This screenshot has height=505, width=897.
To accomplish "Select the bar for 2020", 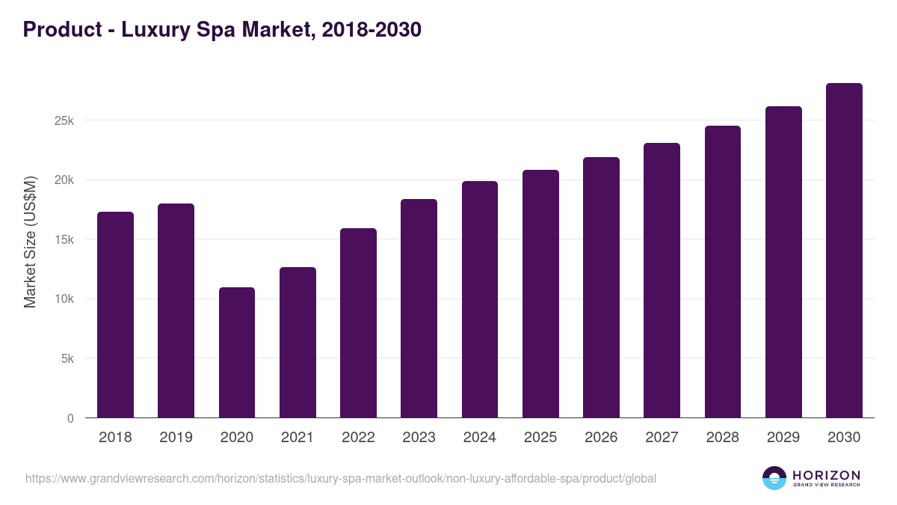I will click(x=237, y=352).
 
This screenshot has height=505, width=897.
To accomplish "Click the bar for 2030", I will click(x=844, y=251).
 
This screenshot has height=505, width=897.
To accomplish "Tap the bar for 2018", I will click(x=115, y=315).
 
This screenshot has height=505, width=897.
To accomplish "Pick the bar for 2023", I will click(x=419, y=308).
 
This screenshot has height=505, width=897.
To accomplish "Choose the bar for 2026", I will click(x=601, y=287).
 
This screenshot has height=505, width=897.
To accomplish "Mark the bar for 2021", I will click(x=298, y=343).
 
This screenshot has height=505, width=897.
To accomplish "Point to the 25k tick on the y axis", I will click(x=64, y=121).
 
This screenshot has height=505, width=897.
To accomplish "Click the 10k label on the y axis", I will click(x=64, y=299).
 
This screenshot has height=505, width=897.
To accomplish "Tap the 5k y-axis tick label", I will click(x=67, y=359).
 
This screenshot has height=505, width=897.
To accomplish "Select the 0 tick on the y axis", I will click(x=70, y=419).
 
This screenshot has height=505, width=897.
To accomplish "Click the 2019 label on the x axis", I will click(x=176, y=438).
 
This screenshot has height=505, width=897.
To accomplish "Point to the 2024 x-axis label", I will click(x=479, y=438).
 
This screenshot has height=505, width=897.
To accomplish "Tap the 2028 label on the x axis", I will click(x=722, y=438).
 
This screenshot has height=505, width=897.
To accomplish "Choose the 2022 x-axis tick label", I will click(x=358, y=438).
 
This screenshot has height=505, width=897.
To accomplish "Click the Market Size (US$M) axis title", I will click(x=30, y=242).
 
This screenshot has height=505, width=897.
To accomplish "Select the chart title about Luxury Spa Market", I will click(x=222, y=30).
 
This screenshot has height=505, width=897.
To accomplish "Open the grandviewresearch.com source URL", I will click(x=341, y=479).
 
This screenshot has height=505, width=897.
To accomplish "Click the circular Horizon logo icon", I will click(x=774, y=478).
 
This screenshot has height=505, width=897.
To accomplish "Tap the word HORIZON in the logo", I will click(x=826, y=475).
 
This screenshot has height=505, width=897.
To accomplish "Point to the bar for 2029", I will click(x=783, y=262).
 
